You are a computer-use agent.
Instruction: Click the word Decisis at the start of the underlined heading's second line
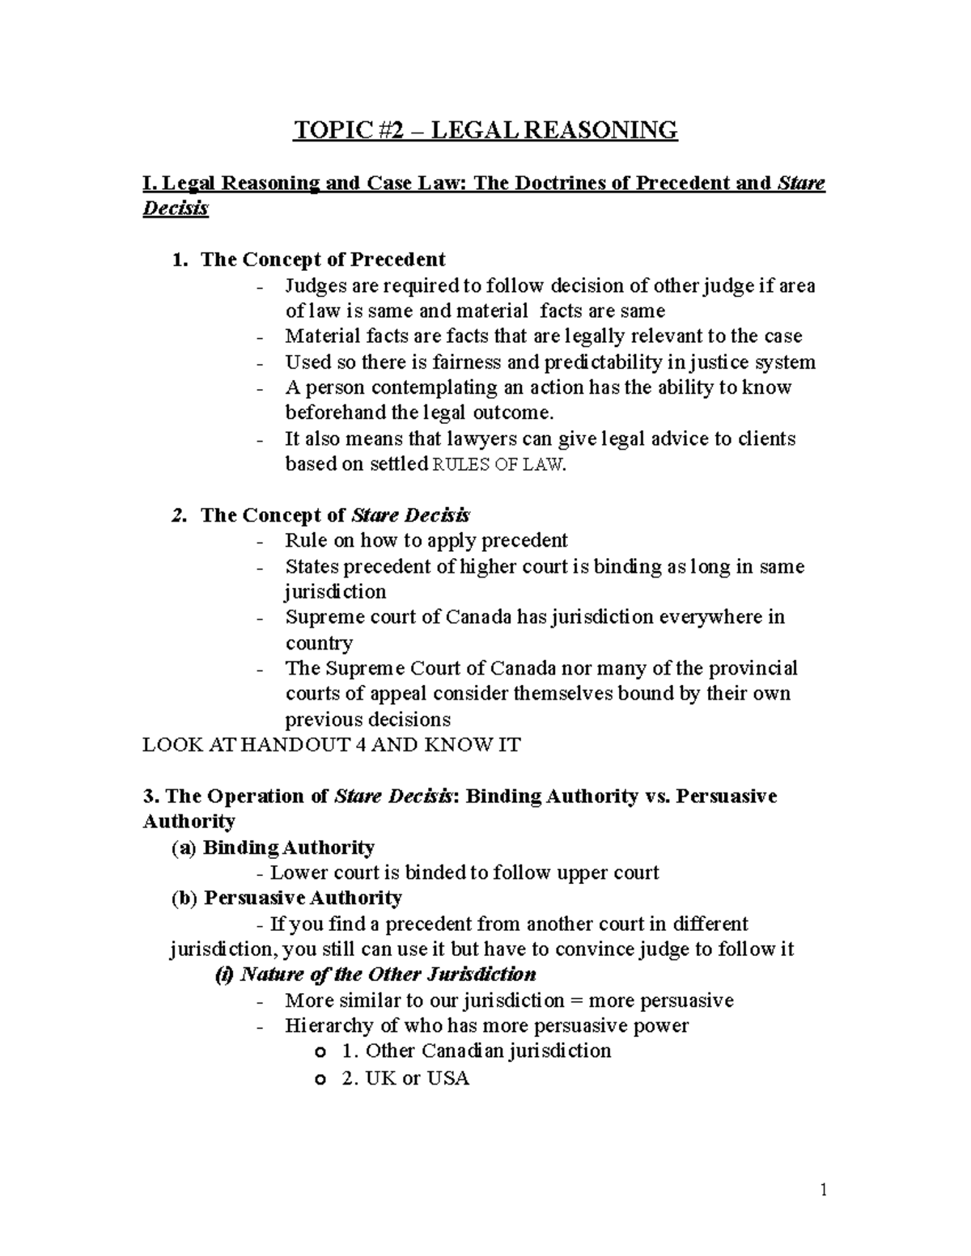tap(176, 209)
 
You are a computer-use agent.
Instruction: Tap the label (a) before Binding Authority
tap(183, 848)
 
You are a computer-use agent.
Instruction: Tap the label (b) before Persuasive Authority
tap(184, 899)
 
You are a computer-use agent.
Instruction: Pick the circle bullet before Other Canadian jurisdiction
tap(321, 1053)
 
